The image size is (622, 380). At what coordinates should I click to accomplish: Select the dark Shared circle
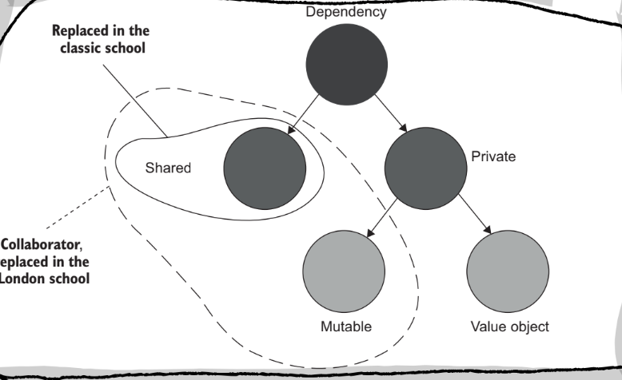(265, 168)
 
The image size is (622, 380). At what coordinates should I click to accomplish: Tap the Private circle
(425, 168)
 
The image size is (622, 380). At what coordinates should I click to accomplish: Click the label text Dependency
(346, 13)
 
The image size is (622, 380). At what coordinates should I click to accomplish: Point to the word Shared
(168, 168)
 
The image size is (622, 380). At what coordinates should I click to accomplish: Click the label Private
(494, 156)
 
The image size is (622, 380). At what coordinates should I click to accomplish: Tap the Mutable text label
(345, 327)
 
